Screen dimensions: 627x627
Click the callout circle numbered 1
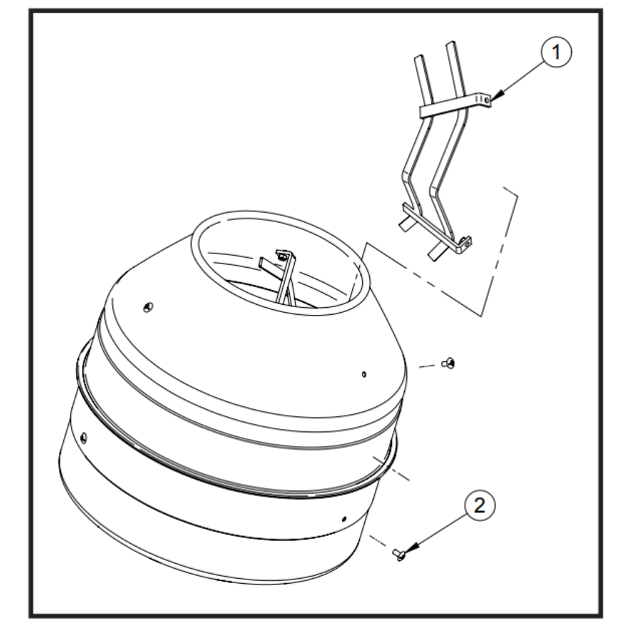pos(556,53)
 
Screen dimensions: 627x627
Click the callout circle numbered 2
pos(480,505)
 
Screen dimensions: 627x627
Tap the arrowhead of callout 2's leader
pos(410,549)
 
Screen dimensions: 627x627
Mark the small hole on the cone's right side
pos(364,374)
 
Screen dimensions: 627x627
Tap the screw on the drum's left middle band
pos(83,437)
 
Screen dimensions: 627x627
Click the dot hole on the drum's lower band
pos(344,519)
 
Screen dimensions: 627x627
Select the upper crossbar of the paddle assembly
pos(455,105)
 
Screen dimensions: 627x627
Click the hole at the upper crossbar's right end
pos(486,100)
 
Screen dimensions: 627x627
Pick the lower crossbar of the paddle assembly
pos(436,228)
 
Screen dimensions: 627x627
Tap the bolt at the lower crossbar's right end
pos(465,241)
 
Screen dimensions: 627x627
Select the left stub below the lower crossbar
pos(408,223)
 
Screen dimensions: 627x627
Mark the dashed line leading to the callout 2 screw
pos(377,542)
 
